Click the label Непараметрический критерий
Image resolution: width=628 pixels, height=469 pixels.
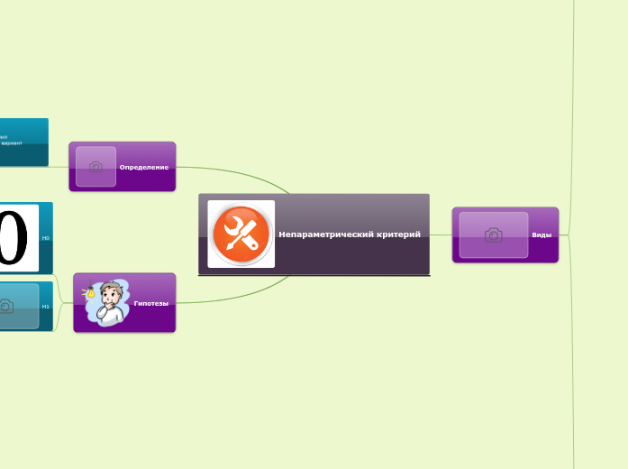[x=350, y=234]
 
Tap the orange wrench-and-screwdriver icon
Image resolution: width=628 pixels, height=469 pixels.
[x=241, y=234]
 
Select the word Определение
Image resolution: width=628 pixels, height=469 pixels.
[x=143, y=167]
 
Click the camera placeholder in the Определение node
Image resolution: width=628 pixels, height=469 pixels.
[x=96, y=167]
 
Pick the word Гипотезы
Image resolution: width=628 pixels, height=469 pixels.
[x=150, y=303]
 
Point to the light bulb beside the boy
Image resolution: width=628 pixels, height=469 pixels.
[x=90, y=292]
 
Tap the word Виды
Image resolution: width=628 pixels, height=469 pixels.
[x=542, y=234]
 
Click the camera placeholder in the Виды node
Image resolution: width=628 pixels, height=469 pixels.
[x=493, y=234]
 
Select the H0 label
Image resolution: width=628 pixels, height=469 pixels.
[x=46, y=238]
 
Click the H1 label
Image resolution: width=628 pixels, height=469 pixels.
[x=46, y=306]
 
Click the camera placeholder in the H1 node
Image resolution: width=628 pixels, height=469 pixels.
[x=7, y=307]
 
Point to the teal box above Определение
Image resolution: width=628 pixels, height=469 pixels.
[x=23, y=143]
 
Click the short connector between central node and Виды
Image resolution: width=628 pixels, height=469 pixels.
[x=441, y=234]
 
